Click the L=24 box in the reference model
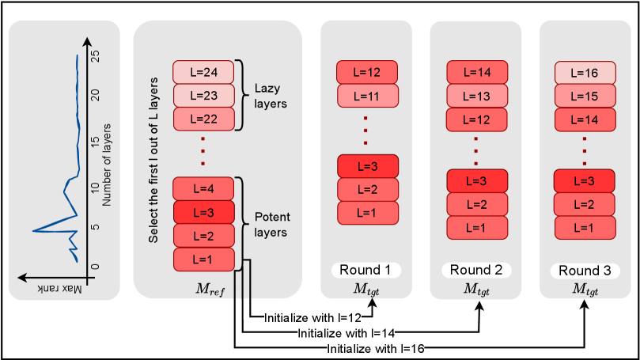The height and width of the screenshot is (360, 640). click(x=204, y=71)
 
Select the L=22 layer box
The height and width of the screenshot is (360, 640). click(x=204, y=118)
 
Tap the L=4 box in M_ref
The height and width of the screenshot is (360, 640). click(x=204, y=188)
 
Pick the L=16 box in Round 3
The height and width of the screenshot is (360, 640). click(x=585, y=73)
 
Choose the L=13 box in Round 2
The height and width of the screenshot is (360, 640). click(x=476, y=96)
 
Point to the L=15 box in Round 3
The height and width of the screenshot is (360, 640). click(x=585, y=96)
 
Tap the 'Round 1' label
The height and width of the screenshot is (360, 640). click(x=365, y=270)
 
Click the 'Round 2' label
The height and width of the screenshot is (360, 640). click(x=475, y=270)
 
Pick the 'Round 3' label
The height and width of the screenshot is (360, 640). click(x=585, y=270)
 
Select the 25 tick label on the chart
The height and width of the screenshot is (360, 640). click(x=95, y=56)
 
